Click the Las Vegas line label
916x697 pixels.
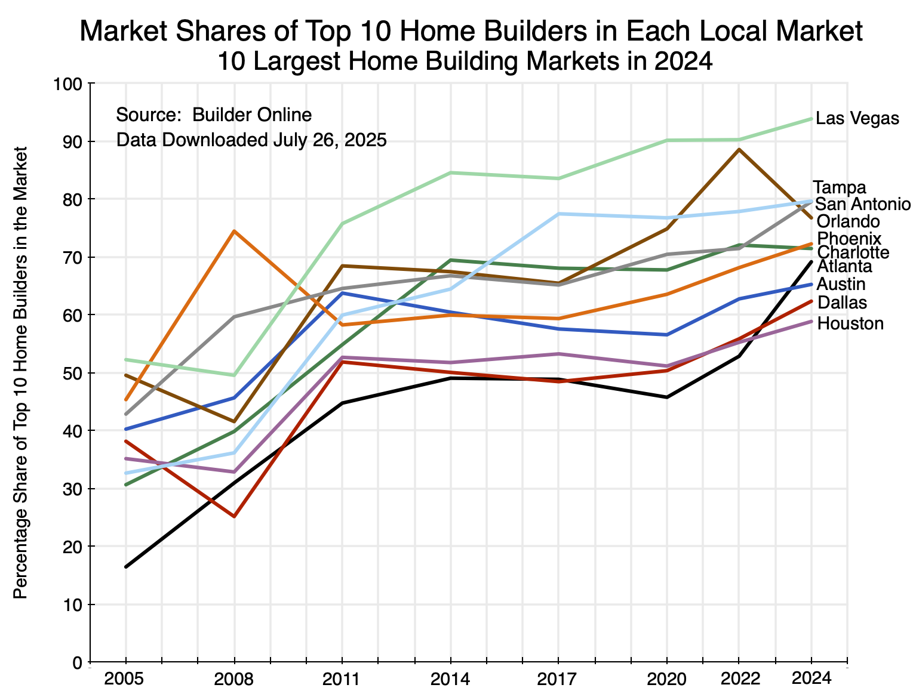coord(857,119)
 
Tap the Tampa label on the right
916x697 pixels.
coord(839,187)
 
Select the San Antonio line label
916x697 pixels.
coord(863,204)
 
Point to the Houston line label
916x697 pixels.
coord(850,324)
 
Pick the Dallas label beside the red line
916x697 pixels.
coord(842,303)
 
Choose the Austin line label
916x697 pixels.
coord(841,284)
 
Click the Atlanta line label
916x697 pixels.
coord(844,266)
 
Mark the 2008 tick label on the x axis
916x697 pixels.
coord(234,679)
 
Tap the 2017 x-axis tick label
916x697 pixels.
coord(558,679)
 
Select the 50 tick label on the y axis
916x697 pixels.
coord(74,373)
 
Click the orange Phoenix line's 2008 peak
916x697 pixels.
coord(234,231)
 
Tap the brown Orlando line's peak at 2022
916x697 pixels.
coord(739,149)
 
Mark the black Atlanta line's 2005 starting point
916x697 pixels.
coord(126,566)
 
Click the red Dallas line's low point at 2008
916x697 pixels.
coord(234,516)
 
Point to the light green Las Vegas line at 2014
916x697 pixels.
coord(450,172)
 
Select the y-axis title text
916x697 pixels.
coord(20,372)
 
